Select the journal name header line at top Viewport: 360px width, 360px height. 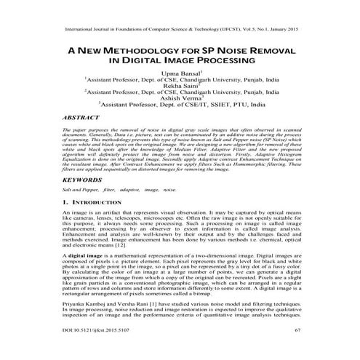click(x=180, y=32)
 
